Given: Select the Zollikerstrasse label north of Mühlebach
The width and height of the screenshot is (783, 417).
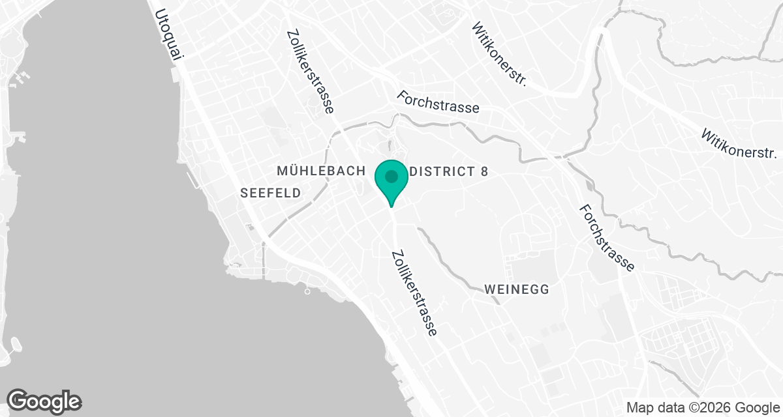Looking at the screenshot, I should click(311, 72).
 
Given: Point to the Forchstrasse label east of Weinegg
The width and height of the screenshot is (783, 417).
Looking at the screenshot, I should click(606, 237).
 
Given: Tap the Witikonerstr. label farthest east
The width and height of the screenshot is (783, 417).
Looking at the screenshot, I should click(739, 144).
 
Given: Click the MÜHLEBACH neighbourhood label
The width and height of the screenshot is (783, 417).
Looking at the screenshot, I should click(320, 171).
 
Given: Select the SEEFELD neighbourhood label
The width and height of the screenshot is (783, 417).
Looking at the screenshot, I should click(270, 193).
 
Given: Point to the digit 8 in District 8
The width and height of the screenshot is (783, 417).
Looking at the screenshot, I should click(484, 171).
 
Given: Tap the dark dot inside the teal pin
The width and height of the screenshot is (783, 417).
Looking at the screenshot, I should click(391, 176).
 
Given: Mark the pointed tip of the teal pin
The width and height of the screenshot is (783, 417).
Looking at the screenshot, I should click(391, 207).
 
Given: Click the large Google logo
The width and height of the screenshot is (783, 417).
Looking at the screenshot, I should click(44, 400).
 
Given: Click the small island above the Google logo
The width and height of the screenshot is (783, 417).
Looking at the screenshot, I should click(17, 343).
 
